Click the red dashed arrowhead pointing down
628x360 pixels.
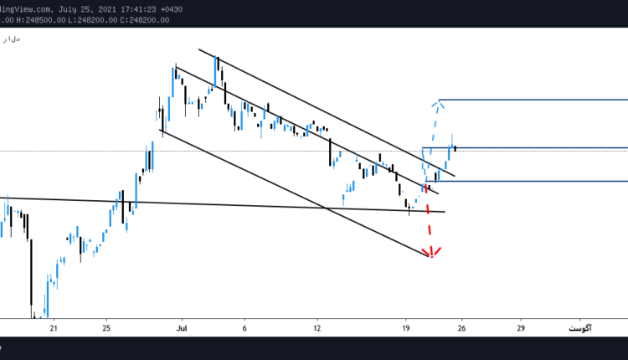point(432,254)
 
